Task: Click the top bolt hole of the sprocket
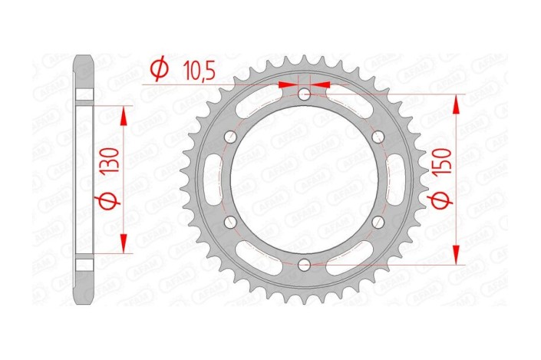pyautogui.click(x=305, y=94)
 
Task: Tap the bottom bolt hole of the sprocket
pyautogui.click(x=305, y=265)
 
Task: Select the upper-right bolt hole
pyautogui.click(x=379, y=137)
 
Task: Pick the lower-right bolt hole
pyautogui.click(x=379, y=222)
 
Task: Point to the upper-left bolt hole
pyautogui.click(x=231, y=137)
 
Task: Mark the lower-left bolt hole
pyautogui.click(x=231, y=222)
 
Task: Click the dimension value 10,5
pyautogui.click(x=198, y=70)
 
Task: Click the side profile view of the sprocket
pyautogui.click(x=84, y=180)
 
